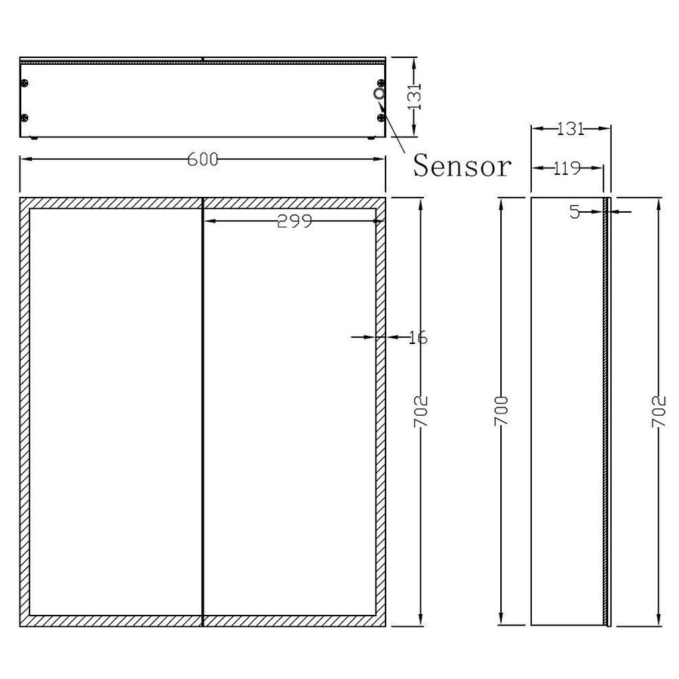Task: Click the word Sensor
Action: pos(462,165)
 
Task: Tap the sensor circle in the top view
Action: pos(378,94)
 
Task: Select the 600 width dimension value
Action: pos(203,159)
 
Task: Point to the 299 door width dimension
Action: pos(295,220)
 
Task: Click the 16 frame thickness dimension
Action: pos(417,337)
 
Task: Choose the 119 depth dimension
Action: pos(566,167)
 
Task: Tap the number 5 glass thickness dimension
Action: pos(575,212)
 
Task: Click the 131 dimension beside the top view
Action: pos(413,97)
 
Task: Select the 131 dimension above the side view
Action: pos(571,128)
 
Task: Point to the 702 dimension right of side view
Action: pos(659,411)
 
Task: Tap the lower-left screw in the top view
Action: pos(25,118)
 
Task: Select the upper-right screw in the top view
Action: pos(381,83)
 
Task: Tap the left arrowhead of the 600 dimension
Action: pos(23,159)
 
